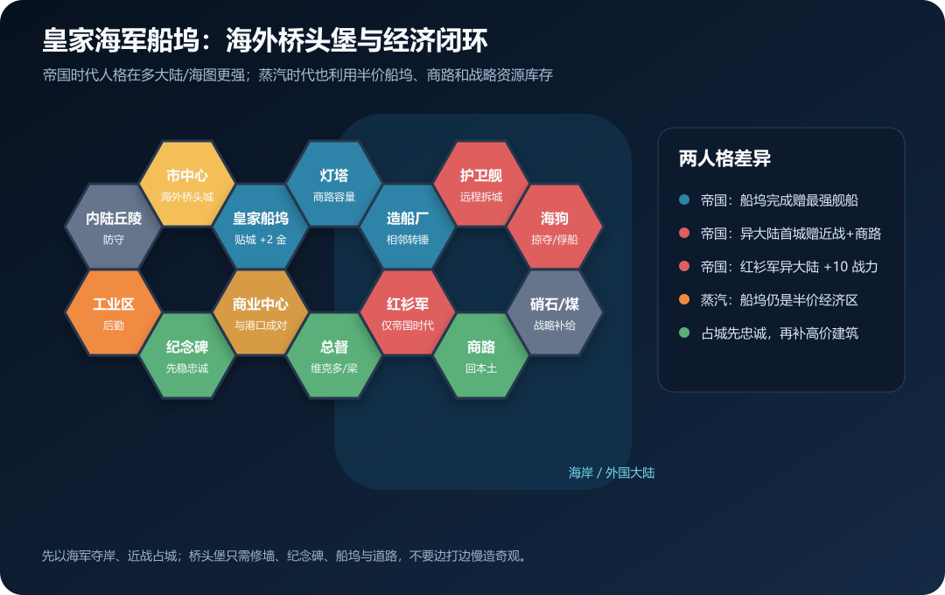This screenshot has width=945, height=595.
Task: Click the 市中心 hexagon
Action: click(187, 184)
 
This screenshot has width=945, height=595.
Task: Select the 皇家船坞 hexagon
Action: click(261, 227)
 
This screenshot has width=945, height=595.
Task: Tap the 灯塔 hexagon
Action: click(334, 184)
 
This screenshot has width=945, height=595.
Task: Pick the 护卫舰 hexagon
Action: click(481, 184)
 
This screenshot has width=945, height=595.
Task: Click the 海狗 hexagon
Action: click(555, 227)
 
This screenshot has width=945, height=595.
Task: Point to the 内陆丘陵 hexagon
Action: click(113, 227)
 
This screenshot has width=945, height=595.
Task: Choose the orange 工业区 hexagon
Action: click(113, 312)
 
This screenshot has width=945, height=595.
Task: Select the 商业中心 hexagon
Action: click(261, 312)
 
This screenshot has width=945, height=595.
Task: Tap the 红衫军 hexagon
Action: click(408, 312)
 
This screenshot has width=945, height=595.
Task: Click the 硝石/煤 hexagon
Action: click(555, 312)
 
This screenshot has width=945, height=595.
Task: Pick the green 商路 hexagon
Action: click(481, 355)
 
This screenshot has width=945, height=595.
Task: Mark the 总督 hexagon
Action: click(334, 355)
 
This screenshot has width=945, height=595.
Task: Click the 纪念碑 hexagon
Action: click(187, 355)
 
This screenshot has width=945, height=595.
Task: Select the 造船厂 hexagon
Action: click(408, 227)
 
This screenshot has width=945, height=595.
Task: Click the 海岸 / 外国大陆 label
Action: click(611, 472)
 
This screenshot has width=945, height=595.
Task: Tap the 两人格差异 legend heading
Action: click(725, 158)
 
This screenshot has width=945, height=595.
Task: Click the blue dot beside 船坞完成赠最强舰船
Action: click(684, 199)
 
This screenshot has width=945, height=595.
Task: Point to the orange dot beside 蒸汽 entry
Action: click(684, 299)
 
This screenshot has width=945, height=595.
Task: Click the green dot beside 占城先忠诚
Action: click(684, 332)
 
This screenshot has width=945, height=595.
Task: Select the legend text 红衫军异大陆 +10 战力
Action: click(808, 267)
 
